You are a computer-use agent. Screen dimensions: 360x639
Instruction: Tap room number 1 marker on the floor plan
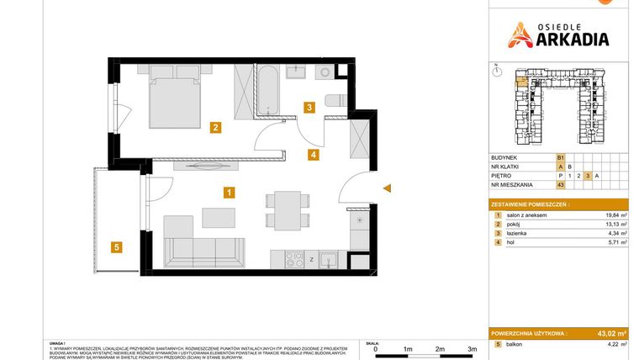point(229,192)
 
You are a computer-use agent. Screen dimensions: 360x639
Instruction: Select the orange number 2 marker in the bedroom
point(216,128)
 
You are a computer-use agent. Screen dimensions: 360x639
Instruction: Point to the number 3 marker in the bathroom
point(309,107)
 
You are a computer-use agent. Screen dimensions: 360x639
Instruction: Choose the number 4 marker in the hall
point(312,154)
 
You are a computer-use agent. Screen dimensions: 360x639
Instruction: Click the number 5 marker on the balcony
point(117,246)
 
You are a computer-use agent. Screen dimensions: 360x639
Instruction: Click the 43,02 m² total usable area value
point(609,333)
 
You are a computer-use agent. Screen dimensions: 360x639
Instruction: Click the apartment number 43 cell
point(560,185)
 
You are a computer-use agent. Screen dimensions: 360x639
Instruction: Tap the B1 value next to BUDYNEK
point(561,157)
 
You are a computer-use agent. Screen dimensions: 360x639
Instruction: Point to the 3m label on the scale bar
point(472,347)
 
